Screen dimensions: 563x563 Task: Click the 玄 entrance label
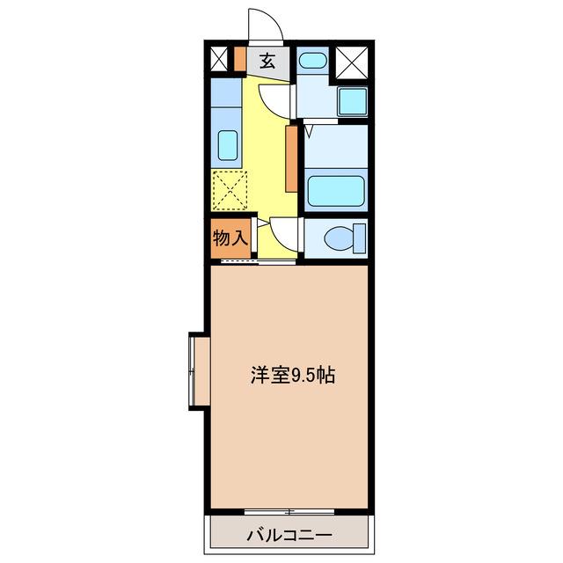coord(267,61)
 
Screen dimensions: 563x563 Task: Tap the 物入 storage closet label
coord(230,238)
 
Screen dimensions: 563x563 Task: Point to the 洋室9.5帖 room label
coord(293,376)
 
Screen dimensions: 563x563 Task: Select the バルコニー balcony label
coord(289,536)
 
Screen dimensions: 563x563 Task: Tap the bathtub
coord(336,191)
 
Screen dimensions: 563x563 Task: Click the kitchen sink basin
coord(228,145)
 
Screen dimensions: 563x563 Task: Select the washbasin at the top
coord(313,61)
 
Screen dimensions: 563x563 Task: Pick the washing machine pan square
coord(353,101)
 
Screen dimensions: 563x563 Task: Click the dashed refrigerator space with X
coord(230,190)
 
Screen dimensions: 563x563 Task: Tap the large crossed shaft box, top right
coord(352,62)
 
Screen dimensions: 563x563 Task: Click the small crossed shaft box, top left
coord(219,59)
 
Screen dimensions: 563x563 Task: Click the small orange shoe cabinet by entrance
coord(240,59)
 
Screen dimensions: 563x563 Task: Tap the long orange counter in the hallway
coord(291,158)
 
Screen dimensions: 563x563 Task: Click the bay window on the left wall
coord(200,371)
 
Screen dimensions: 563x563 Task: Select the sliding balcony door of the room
coord(289,511)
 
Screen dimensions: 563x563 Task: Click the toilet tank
coord(360,238)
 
